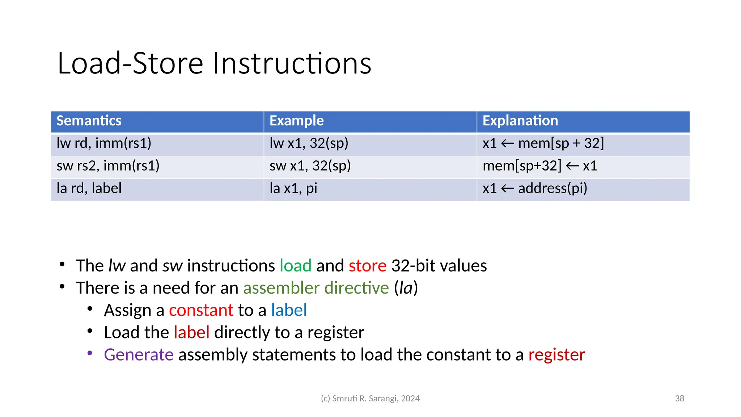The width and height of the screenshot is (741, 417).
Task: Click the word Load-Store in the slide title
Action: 130,64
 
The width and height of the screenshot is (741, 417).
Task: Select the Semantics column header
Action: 89,121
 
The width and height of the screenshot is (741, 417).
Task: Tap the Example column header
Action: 296,121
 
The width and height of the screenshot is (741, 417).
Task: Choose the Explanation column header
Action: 520,121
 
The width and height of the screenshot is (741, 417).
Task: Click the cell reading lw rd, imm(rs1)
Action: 104,143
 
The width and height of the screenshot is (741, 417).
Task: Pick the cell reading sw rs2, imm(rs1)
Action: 108,166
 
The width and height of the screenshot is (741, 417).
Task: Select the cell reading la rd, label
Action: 89,188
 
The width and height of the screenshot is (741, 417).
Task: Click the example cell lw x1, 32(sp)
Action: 309,143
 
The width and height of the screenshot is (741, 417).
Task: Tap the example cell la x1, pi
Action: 293,188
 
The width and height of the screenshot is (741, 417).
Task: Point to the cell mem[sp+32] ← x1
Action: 539,166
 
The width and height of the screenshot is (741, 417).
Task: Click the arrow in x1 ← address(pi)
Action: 507,189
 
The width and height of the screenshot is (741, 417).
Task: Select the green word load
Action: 295,266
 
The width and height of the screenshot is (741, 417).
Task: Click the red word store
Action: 367,266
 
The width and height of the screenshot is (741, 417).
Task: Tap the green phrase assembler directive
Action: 316,288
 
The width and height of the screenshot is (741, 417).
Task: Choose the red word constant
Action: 201,310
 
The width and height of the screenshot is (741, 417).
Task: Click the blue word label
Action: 289,310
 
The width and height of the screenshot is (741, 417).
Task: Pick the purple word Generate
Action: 139,355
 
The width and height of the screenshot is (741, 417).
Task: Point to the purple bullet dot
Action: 90,353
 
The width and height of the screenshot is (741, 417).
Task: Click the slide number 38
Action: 679,399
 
